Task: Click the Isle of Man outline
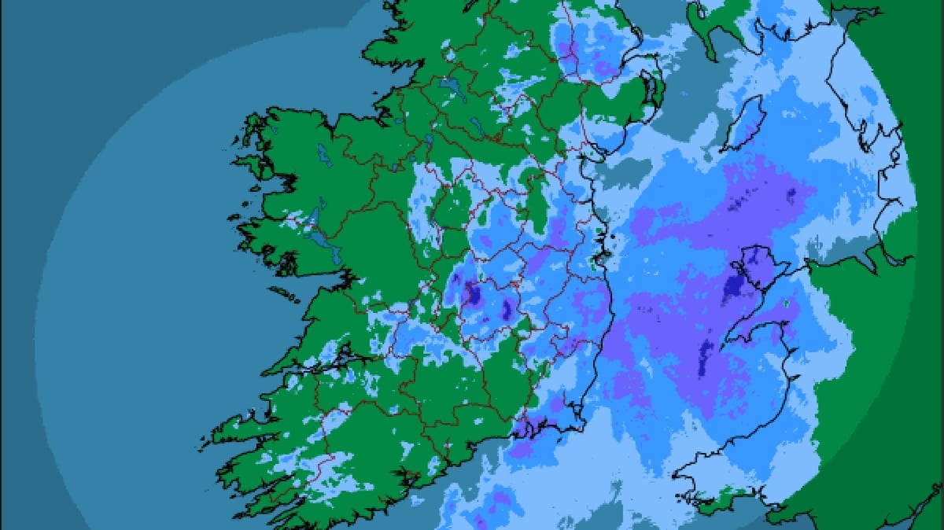[743, 124]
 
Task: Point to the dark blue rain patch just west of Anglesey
[736, 288]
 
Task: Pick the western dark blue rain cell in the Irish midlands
[474, 293]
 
